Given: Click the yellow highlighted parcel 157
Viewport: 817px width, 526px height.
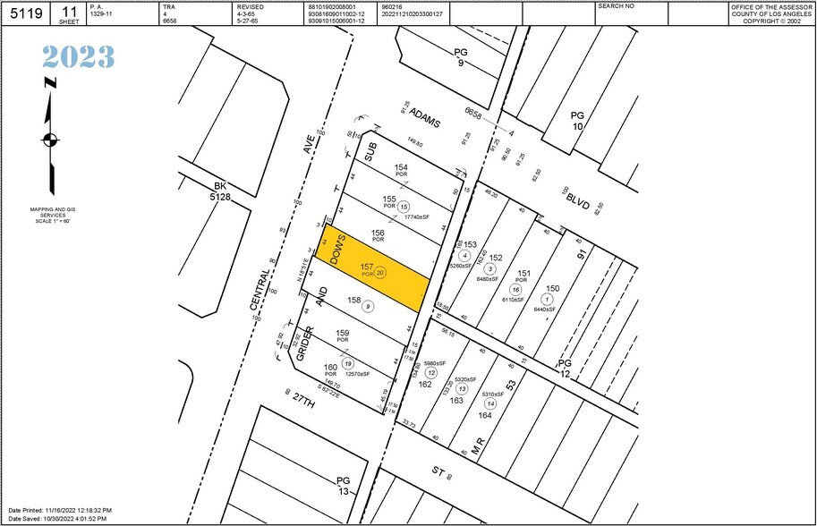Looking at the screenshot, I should tap(371, 268).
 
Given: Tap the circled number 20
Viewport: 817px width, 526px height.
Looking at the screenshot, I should tap(380, 273).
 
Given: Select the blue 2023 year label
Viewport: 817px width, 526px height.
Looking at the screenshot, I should tap(78, 57).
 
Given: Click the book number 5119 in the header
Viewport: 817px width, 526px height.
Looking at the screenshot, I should tap(26, 13).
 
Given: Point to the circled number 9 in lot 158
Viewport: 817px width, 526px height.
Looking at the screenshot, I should tap(369, 306).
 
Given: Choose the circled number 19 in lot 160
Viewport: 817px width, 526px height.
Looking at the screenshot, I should tap(348, 363).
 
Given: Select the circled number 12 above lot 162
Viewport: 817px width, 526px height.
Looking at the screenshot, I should tap(431, 372).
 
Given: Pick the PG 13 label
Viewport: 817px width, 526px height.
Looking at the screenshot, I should tap(344, 486).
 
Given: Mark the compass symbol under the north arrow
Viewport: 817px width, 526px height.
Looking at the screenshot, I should tap(50, 140).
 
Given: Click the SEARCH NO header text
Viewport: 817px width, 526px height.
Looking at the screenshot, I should tap(616, 5).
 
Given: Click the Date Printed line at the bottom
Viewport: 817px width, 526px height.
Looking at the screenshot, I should tap(60, 512).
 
